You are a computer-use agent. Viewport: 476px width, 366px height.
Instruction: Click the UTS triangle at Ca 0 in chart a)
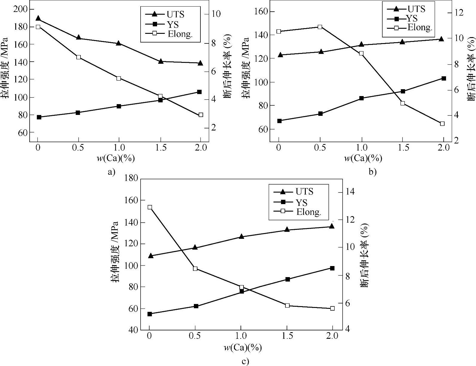pyautogui.click(x=38, y=19)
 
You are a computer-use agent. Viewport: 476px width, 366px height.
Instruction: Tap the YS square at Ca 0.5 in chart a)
pyautogui.click(x=78, y=113)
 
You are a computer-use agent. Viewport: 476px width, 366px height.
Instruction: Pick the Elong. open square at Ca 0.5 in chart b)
pyautogui.click(x=320, y=27)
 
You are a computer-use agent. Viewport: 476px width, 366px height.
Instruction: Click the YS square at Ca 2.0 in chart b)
pyautogui.click(x=444, y=78)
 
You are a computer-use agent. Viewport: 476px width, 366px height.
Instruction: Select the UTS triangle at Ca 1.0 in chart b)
pyautogui.click(x=361, y=44)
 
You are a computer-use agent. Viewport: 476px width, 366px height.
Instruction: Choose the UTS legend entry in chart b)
pyautogui.click(x=416, y=9)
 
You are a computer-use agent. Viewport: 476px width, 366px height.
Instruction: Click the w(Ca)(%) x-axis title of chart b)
pyautogui.click(x=363, y=158)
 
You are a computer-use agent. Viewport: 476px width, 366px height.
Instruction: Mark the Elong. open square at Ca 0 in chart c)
pyautogui.click(x=150, y=207)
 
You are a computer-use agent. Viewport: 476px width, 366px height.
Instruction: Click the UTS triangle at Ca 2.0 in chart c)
pyautogui.click(x=331, y=226)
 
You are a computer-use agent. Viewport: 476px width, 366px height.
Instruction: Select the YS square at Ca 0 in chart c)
pyautogui.click(x=150, y=314)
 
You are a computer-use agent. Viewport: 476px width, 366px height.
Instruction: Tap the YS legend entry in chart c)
pyautogui.click(x=301, y=203)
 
